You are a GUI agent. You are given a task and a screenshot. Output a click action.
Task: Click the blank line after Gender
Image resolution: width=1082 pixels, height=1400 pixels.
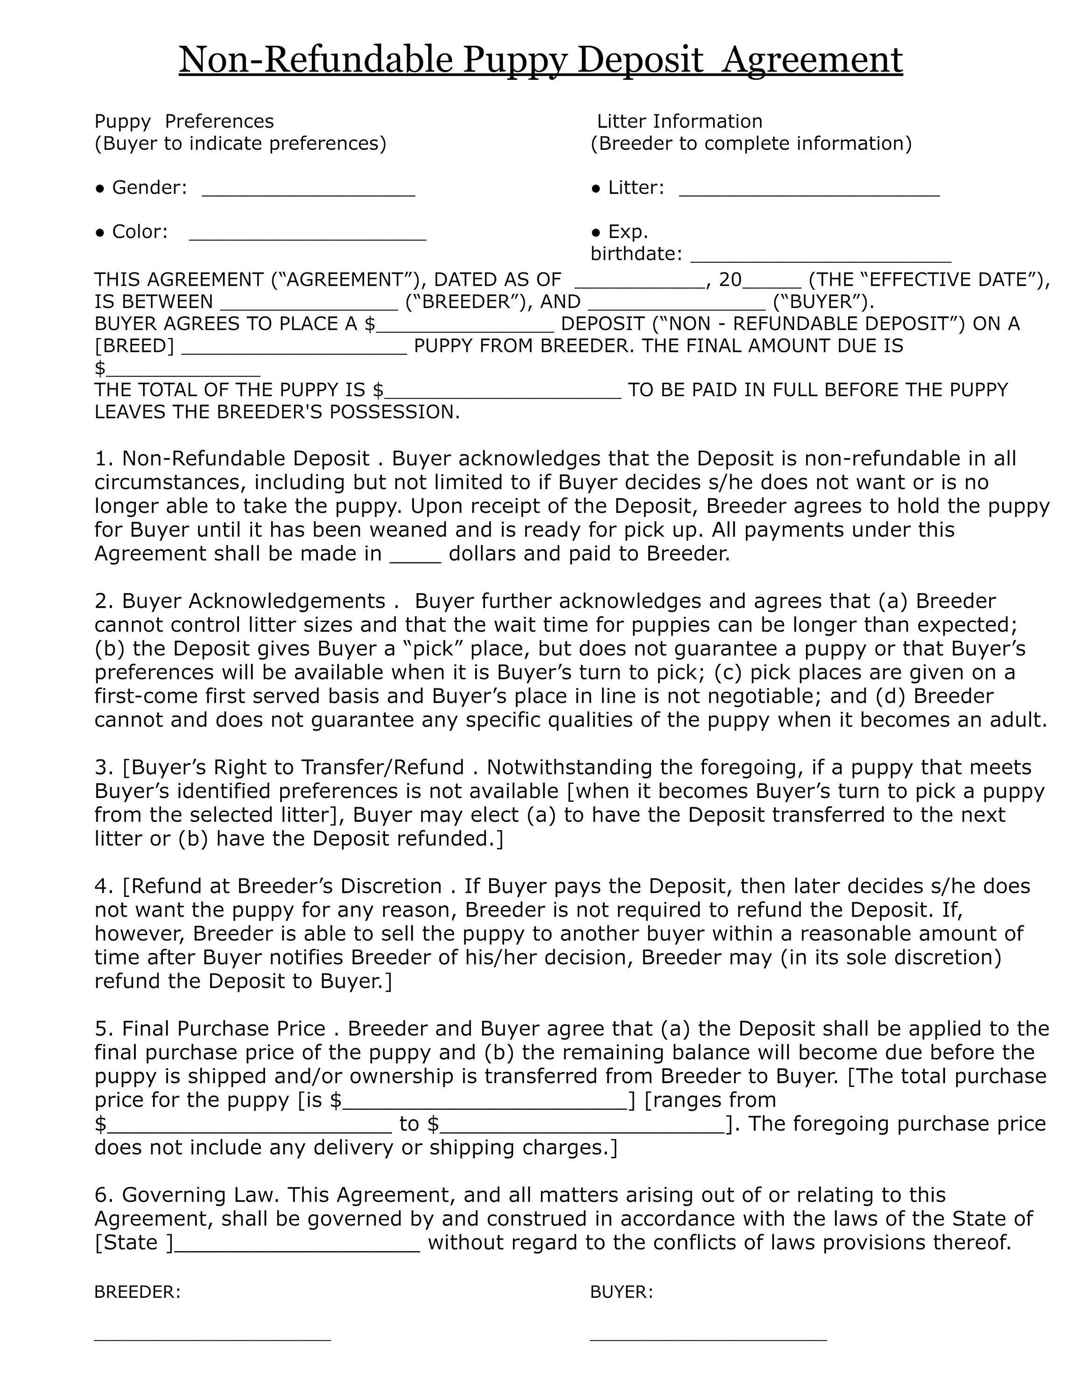tap(309, 194)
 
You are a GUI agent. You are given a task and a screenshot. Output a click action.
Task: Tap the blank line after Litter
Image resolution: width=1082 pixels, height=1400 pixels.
tap(809, 194)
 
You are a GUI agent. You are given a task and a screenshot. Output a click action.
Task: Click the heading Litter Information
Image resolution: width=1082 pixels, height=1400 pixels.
tap(680, 121)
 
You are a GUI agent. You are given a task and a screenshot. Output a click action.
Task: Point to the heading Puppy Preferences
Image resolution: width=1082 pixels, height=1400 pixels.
tap(184, 121)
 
